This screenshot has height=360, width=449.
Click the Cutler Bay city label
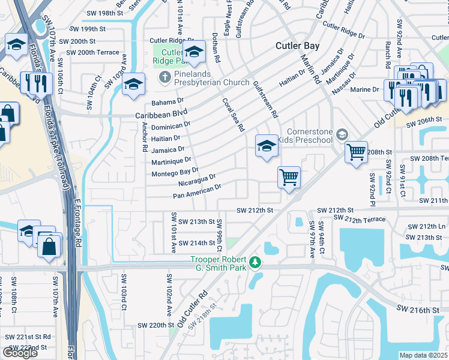click(297, 46)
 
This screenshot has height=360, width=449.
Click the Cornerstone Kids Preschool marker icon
click(342, 134)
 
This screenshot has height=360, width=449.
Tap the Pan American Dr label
click(197, 191)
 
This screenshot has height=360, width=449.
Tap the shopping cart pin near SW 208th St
click(356, 152)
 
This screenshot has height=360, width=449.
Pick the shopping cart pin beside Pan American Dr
click(289, 178)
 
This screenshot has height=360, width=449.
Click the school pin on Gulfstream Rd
click(267, 146)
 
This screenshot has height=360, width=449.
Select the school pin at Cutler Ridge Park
click(194, 54)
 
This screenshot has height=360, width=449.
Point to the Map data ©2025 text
click(424, 355)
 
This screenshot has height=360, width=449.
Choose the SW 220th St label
click(155, 325)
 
